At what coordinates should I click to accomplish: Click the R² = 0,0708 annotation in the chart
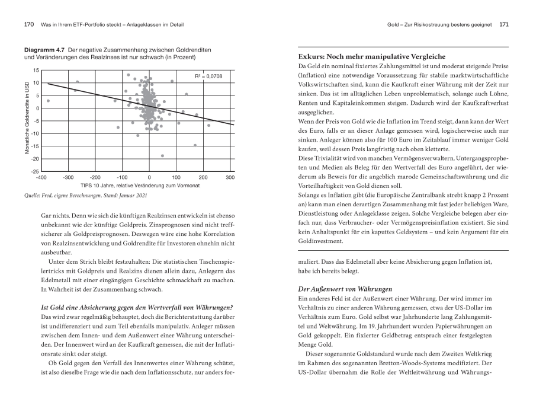tap(208, 76)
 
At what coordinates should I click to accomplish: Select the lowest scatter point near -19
tap(162, 156)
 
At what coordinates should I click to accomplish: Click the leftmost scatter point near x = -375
tap(48, 101)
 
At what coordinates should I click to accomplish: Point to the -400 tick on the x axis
tap(41, 177)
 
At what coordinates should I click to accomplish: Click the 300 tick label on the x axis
tap(230, 177)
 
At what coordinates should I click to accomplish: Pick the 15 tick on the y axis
tap(35, 71)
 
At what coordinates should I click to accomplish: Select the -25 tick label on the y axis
tap(34, 171)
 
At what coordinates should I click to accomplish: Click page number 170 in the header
tap(28, 25)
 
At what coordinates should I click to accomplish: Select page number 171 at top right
tap(503, 25)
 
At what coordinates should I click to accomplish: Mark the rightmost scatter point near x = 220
tap(208, 125)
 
